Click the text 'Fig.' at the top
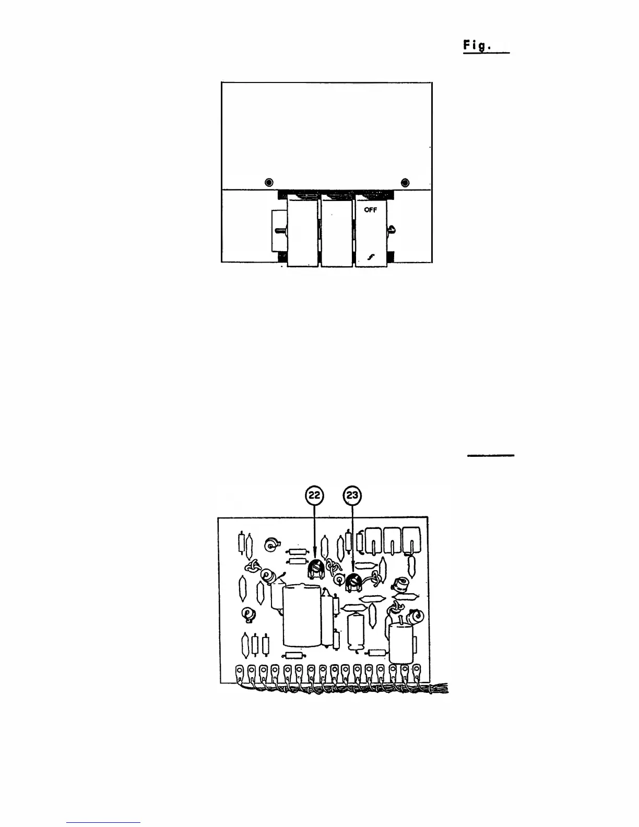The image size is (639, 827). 476,46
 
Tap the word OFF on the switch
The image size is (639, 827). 370,210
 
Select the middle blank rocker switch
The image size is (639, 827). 337,230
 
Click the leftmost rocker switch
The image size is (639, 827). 302,230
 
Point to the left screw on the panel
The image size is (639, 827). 268,182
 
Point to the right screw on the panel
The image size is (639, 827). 405,182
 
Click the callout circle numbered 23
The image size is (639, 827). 352,495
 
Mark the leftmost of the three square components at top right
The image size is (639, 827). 375,540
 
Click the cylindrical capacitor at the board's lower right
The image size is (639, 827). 400,640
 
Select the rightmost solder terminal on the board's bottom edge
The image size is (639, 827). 417,669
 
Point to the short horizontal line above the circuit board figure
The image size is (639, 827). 490,455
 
